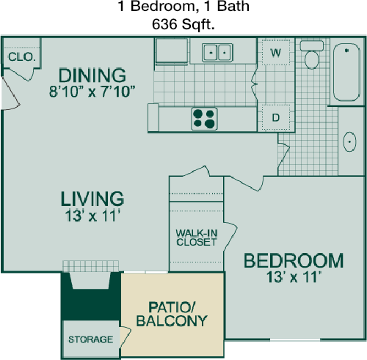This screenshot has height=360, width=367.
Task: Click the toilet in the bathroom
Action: pos(312,55)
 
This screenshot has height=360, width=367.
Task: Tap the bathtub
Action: pos(346,72)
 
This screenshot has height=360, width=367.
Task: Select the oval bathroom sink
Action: pos(349,142)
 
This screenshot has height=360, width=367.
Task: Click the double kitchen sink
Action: pos(217,52)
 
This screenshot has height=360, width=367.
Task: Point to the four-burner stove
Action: pos(204,119)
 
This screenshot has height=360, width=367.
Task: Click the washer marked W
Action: pos(276,52)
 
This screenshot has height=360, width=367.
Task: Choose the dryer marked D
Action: pos(276,117)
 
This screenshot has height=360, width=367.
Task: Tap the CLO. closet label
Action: pos(22,57)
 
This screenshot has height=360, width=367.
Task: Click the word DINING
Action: pos(92,76)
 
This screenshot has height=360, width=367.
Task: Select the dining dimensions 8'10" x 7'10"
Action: pos(92,92)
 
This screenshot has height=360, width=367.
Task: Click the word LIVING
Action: pos(92,199)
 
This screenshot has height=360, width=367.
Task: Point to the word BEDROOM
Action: pos(294,260)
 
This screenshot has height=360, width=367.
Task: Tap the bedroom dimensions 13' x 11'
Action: pos(294,277)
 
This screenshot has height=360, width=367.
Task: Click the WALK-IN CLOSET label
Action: pos(197,238)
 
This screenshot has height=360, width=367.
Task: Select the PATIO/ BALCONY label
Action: pos(172,315)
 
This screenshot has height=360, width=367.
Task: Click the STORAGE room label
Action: pos(90,339)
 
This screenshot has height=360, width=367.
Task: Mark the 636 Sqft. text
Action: pos(183,24)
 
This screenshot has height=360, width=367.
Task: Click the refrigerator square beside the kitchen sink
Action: pos(172,51)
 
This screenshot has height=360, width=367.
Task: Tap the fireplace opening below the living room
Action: pos(90,280)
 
